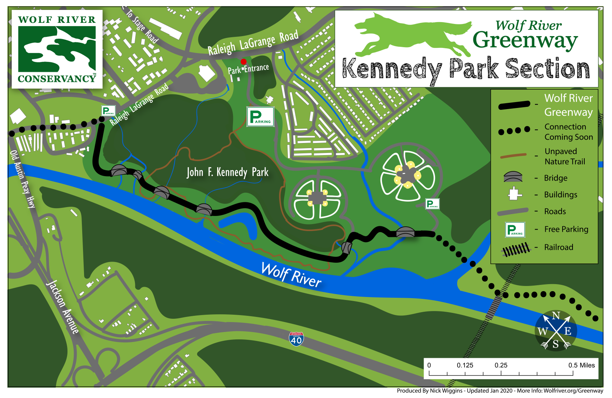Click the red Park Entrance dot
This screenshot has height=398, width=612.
coord(243,62)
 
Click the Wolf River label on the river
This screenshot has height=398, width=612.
coord(291,275)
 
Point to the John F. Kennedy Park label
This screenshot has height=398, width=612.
coord(227,172)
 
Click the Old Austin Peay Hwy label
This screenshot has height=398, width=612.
coord(22,179)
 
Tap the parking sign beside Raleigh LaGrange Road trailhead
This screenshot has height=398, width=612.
coord(108,111)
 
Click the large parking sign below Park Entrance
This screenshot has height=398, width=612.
coord(260,117)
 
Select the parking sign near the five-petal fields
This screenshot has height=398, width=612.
coord(432,204)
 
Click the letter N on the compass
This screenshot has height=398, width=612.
coord(556,315)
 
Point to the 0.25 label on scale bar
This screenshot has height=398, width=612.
coord(501,365)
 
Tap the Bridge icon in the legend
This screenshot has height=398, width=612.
coord(513,177)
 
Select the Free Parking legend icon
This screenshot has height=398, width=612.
coord(515,230)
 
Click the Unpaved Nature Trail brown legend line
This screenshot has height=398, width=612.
coord(513,156)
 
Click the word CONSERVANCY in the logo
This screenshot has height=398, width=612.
coord(57,78)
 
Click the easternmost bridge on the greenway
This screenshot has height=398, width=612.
coord(405,232)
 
